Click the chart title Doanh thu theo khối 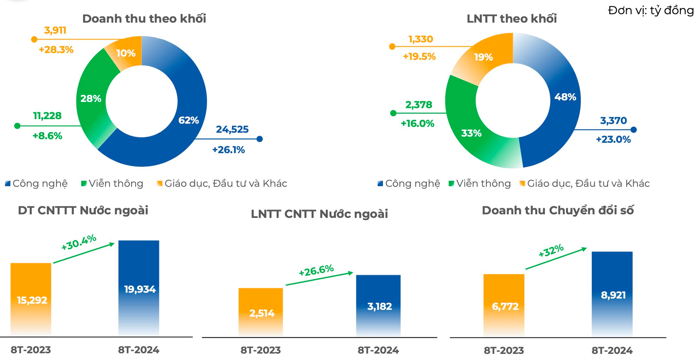point(144,19)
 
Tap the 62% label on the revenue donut point(188,120)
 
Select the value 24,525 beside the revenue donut point(232,129)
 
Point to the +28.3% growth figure point(56,50)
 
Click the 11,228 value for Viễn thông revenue point(47,116)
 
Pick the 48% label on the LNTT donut point(565,97)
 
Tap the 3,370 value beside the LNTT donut point(614,121)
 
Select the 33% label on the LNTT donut point(471,133)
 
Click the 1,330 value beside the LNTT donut point(421,39)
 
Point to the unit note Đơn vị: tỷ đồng point(651,11)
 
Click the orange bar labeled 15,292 point(31,299)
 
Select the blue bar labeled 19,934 point(139,288)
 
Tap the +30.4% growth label point(79,242)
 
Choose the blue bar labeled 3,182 point(378,305)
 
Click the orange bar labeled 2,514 point(261,312)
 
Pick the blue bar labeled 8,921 point(612,294)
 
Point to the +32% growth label point(551,251)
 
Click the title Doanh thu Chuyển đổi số point(558,210)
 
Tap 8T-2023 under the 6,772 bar point(504,351)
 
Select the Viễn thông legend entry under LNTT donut point(480,183)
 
